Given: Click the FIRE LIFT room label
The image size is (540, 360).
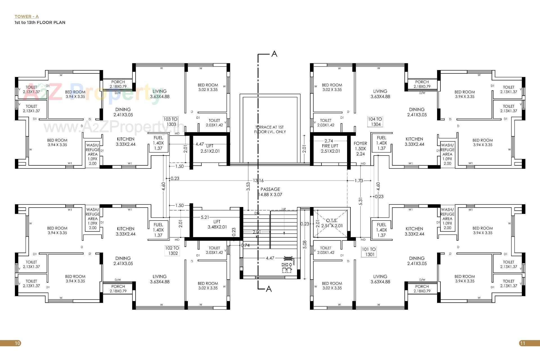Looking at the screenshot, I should [x=330, y=148].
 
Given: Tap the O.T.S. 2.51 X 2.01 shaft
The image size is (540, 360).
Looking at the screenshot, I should [x=332, y=223].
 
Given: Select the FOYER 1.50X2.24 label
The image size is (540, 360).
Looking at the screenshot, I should [x=360, y=148].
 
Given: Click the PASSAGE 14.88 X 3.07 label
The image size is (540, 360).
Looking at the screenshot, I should [x=270, y=192].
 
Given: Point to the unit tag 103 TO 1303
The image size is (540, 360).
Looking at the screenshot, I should [x=170, y=122].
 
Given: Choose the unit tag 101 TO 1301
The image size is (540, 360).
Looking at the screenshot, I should [x=369, y=252].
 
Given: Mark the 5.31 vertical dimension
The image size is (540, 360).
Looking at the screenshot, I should [x=361, y=201].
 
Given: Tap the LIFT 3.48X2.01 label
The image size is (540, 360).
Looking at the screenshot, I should [x=217, y=224].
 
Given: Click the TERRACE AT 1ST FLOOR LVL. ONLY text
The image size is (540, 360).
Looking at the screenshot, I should [x=270, y=129].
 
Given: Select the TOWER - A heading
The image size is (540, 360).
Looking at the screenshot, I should [x=27, y=17].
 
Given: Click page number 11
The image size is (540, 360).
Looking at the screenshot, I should [x=523, y=343].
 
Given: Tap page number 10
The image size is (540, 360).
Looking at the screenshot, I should [x=17, y=343].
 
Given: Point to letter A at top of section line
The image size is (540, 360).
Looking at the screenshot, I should [x=274, y=54].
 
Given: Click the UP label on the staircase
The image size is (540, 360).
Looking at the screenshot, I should [x=283, y=209].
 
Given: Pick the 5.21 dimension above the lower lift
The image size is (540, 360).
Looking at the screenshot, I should [x=205, y=217].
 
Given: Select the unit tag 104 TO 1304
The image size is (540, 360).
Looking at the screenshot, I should [x=375, y=122].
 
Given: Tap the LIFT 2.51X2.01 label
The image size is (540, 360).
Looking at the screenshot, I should [x=210, y=148].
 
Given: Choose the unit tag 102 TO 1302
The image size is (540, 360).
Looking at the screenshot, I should [x=172, y=251].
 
